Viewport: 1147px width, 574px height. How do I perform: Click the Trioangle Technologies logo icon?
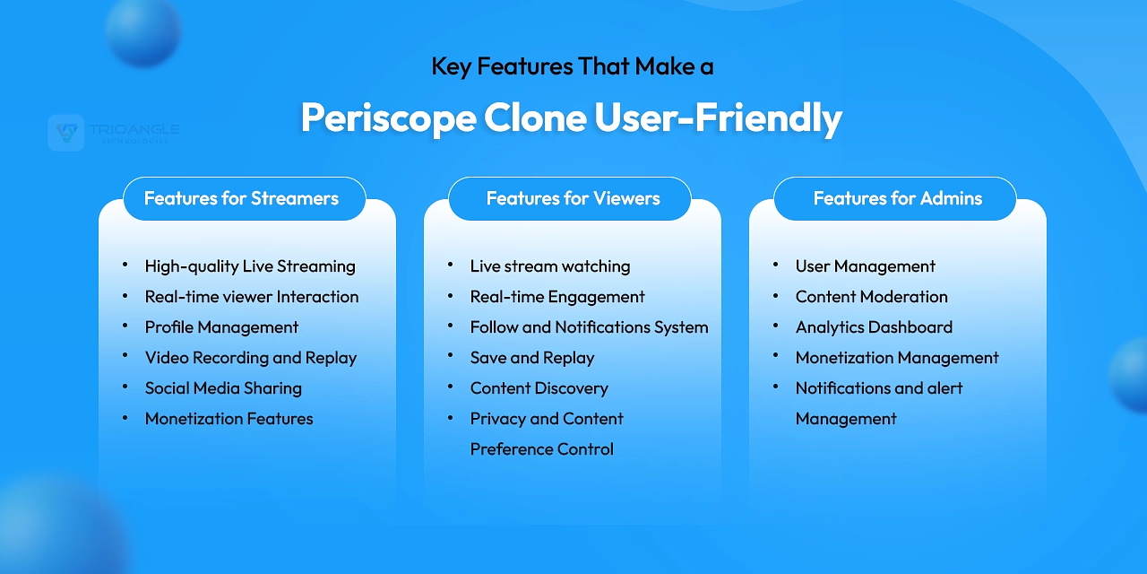[x=66, y=133]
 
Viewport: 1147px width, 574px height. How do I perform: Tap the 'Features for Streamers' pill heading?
[x=242, y=198]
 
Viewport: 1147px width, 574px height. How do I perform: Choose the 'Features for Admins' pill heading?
[x=897, y=198]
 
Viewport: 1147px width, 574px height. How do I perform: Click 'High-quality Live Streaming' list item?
[x=250, y=266]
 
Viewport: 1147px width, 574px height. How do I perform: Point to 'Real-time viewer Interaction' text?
[x=252, y=297]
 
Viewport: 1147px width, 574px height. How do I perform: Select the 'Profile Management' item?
[x=221, y=327]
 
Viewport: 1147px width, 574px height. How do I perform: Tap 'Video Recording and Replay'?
[x=251, y=358]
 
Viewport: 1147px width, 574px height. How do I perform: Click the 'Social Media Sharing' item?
[x=223, y=388]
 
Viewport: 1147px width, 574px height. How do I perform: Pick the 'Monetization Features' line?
[x=229, y=419]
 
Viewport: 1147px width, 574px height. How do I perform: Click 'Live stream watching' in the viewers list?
[x=550, y=266]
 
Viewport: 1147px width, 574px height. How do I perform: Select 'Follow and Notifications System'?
[x=589, y=327]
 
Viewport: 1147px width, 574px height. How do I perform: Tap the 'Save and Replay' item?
[x=532, y=358]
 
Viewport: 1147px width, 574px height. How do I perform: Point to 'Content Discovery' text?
[x=539, y=388]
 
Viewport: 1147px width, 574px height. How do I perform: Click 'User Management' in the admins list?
[x=866, y=266]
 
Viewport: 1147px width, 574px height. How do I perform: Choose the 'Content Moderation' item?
[x=872, y=297]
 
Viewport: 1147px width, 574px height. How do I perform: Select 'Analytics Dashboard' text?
[x=874, y=327]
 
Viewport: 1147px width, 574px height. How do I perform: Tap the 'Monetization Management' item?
[x=897, y=358]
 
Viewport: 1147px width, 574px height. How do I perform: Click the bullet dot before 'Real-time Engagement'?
[x=450, y=296]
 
